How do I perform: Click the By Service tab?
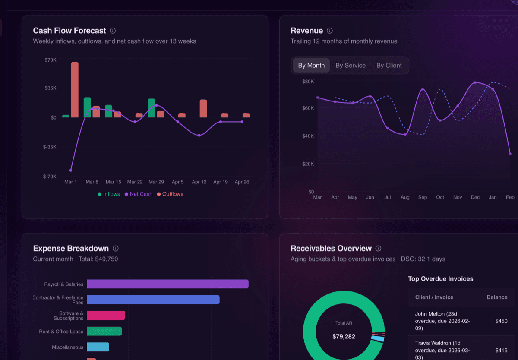pyautogui.click(x=350, y=66)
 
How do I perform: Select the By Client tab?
pyautogui.click(x=388, y=66)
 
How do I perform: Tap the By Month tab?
pyautogui.click(x=311, y=66)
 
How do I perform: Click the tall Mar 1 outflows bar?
pyautogui.click(x=75, y=90)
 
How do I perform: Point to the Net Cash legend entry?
pyautogui.click(x=138, y=194)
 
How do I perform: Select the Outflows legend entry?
pyautogui.click(x=170, y=194)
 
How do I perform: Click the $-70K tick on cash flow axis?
pyautogui.click(x=50, y=176)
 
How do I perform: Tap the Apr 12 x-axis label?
pyautogui.click(x=199, y=182)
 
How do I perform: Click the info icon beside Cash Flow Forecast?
pyautogui.click(x=113, y=31)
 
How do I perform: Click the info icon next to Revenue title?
pyautogui.click(x=330, y=31)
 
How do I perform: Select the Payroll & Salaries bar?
pyautogui.click(x=167, y=284)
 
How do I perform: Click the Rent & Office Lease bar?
pyautogui.click(x=104, y=331)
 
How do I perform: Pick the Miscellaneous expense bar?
pyautogui.click(x=98, y=347)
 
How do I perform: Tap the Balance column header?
pyautogui.click(x=497, y=297)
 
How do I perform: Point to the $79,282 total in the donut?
pyautogui.click(x=344, y=336)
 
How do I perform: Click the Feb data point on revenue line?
pyautogui.click(x=510, y=154)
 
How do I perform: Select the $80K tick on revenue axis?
pyautogui.click(x=308, y=82)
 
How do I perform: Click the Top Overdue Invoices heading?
pyautogui.click(x=440, y=279)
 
